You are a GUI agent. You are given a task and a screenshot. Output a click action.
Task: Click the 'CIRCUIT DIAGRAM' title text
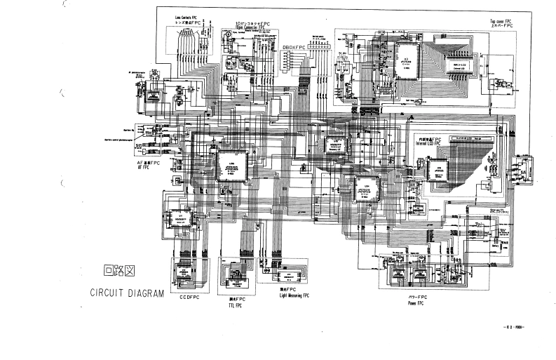coord(126,293)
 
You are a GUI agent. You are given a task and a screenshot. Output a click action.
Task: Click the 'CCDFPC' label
coord(189,298)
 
